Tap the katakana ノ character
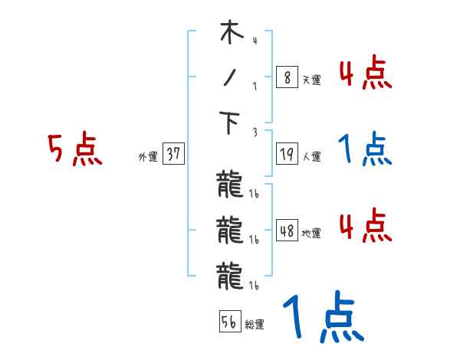pos(231,77)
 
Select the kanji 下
pos(231,123)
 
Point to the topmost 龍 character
pos(230,185)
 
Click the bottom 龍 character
pos(230,273)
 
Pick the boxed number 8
pos(286,77)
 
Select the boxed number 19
pos(286,154)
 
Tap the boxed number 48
pos(286,231)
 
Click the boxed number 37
pos(174,154)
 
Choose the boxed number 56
pos(229,322)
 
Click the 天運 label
pos(311,80)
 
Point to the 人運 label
pos(311,157)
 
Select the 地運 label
pos(311,234)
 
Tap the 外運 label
pos(148,157)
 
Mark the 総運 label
pos(255,325)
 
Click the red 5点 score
pos(74,150)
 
